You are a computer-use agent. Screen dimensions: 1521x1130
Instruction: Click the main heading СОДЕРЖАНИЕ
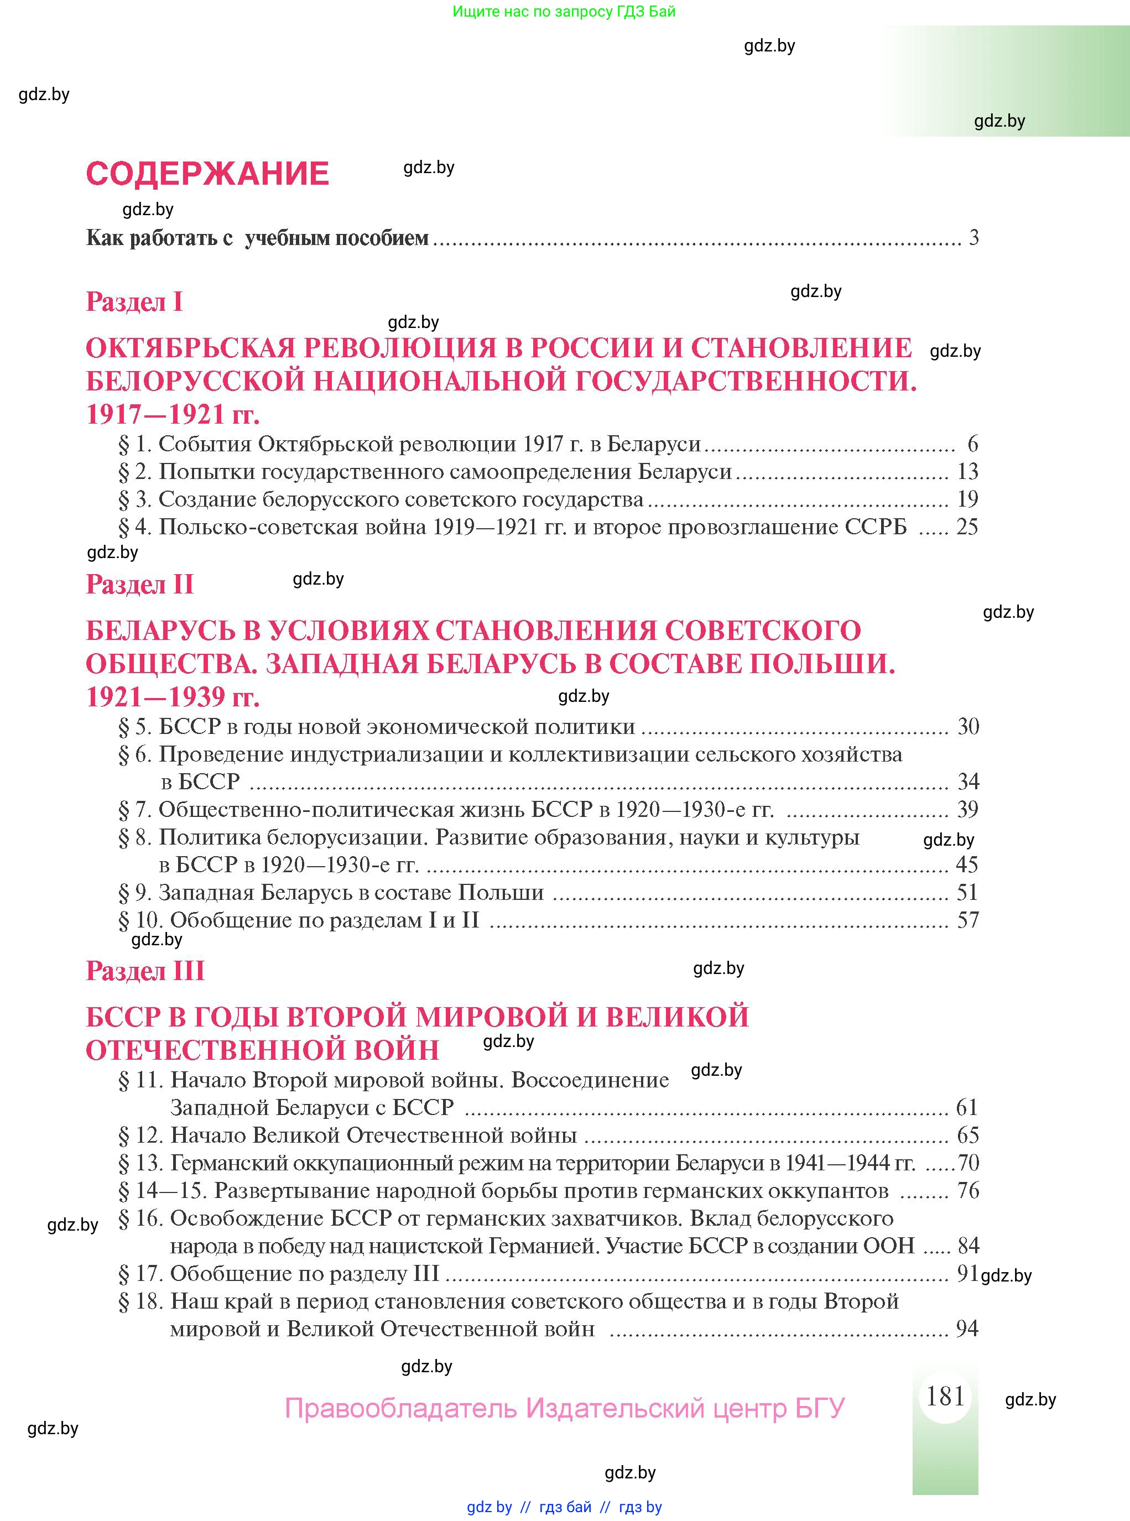[207, 174]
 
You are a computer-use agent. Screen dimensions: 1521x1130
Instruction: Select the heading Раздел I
[134, 301]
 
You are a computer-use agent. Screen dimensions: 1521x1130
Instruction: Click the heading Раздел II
[139, 584]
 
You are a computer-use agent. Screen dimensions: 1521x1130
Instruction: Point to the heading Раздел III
[145, 971]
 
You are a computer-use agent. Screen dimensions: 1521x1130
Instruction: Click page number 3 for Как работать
[973, 238]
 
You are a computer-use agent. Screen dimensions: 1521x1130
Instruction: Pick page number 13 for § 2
[967, 471]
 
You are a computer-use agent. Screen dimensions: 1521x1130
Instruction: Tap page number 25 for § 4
[967, 527]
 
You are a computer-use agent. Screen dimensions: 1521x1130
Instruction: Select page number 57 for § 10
[967, 920]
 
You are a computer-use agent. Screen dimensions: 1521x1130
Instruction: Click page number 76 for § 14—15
[968, 1190]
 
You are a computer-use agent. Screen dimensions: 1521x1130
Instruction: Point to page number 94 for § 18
[967, 1329]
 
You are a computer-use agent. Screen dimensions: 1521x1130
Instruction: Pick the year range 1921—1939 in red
[155, 697]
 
